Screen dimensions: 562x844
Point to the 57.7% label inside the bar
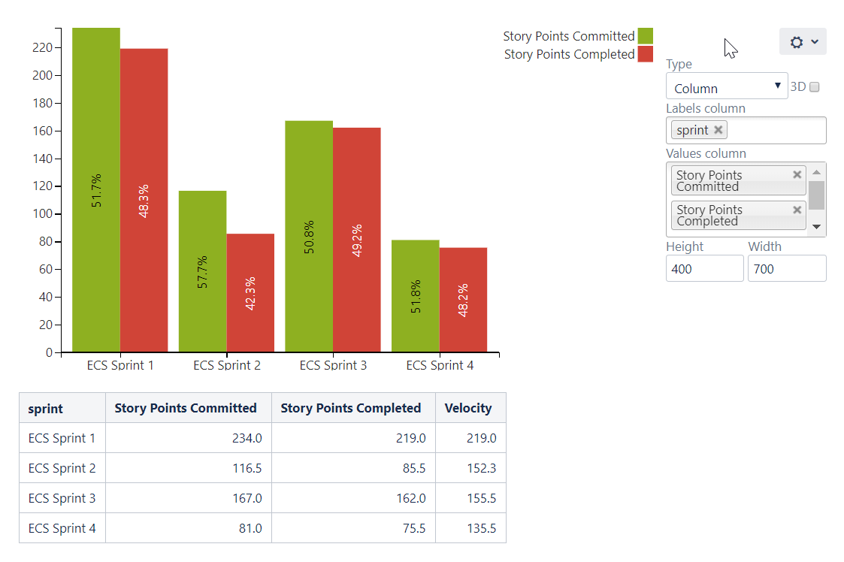[202, 272]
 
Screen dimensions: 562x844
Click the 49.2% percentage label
[357, 240]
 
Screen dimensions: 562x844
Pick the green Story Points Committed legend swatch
[645, 36]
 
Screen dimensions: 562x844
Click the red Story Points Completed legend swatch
[645, 54]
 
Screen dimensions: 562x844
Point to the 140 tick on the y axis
[42, 159]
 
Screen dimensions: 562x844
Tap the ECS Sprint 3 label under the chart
[333, 365]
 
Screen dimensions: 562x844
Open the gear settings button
[803, 42]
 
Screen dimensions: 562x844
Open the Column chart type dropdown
[726, 87]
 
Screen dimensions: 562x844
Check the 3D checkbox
[814, 87]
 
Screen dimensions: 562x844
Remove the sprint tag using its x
[718, 130]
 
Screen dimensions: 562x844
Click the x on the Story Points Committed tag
[797, 175]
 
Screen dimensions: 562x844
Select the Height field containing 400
[704, 269]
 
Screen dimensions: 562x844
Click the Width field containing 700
[786, 269]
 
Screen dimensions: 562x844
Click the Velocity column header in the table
[468, 408]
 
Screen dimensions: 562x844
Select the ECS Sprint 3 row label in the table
[62, 498]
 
